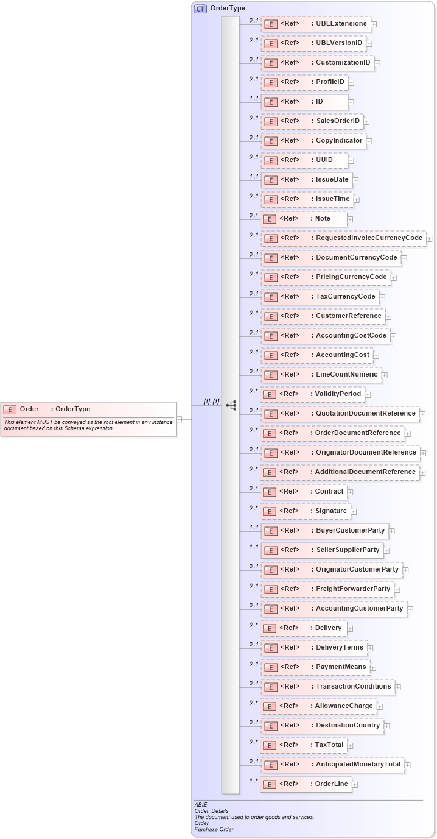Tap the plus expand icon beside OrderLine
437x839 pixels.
coord(355,785)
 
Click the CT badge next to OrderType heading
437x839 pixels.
coord(200,9)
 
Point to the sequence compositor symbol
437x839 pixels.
coord(231,405)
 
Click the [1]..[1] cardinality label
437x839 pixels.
coord(211,402)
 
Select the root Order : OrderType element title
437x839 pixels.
coord(55,409)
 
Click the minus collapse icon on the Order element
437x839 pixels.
coord(180,419)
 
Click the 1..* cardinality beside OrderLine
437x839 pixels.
coord(253,781)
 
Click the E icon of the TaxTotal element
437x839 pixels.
coord(270,746)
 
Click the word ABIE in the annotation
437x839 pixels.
coord(201,805)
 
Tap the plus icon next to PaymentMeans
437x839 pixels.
coord(373,668)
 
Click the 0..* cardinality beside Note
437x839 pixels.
coord(253,216)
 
